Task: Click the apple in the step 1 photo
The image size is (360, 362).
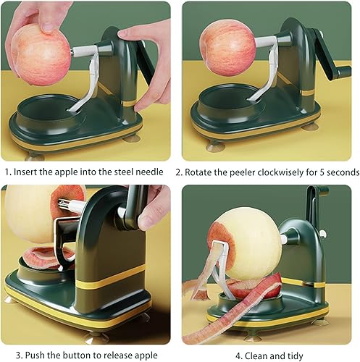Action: (41, 54)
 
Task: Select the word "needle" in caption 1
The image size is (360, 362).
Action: (154, 173)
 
